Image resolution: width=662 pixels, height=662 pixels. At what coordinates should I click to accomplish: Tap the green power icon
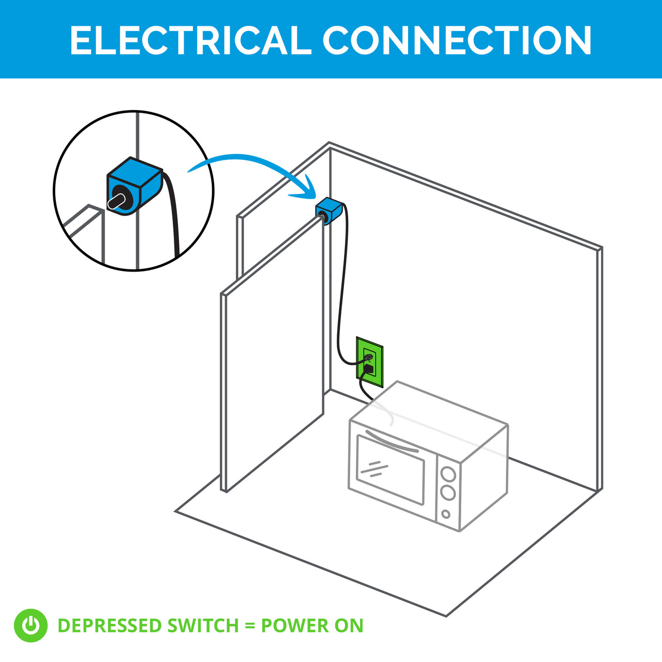(x=31, y=625)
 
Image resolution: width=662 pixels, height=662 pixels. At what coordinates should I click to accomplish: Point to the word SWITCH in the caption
(x=203, y=626)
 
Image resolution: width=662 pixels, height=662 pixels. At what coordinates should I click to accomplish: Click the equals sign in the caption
(x=250, y=626)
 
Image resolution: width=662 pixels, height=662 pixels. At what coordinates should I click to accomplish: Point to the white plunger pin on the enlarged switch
(x=116, y=201)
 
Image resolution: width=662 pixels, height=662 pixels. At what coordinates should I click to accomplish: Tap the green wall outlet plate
(x=370, y=362)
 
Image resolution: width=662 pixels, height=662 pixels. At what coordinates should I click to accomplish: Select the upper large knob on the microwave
(x=448, y=474)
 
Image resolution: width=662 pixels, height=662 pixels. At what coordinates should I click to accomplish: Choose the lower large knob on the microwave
(x=448, y=492)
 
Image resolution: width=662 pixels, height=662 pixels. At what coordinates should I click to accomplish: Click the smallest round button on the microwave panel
(x=446, y=515)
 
